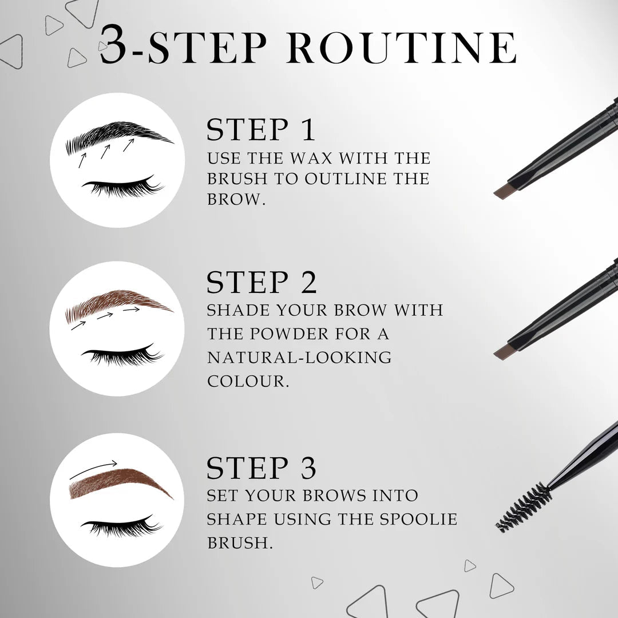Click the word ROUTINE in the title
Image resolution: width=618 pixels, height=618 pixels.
point(407,49)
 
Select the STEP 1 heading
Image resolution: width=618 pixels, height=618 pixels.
point(261,130)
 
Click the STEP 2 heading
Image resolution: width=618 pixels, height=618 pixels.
point(262,282)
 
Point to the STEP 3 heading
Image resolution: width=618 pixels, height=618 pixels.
point(262,468)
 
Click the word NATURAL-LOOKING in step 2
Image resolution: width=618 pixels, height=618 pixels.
point(299,358)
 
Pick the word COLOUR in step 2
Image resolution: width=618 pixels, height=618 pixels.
point(248,382)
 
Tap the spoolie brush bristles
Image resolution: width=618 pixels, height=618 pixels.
point(522,507)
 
